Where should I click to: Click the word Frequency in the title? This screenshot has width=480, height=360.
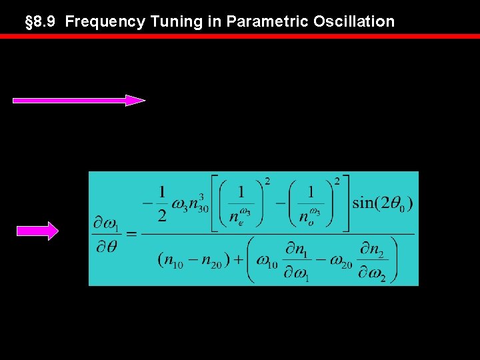tap(105, 21)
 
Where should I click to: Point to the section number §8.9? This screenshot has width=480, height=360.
tap(41, 21)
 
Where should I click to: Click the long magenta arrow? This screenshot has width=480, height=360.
tap(79, 101)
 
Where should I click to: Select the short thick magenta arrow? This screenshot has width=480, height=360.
tap(37, 231)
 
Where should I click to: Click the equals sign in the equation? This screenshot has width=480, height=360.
tap(131, 233)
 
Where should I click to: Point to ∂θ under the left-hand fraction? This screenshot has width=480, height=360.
tap(107, 247)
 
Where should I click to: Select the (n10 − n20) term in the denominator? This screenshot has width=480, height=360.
tap(188, 261)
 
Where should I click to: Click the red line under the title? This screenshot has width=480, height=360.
tap(240, 36)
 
